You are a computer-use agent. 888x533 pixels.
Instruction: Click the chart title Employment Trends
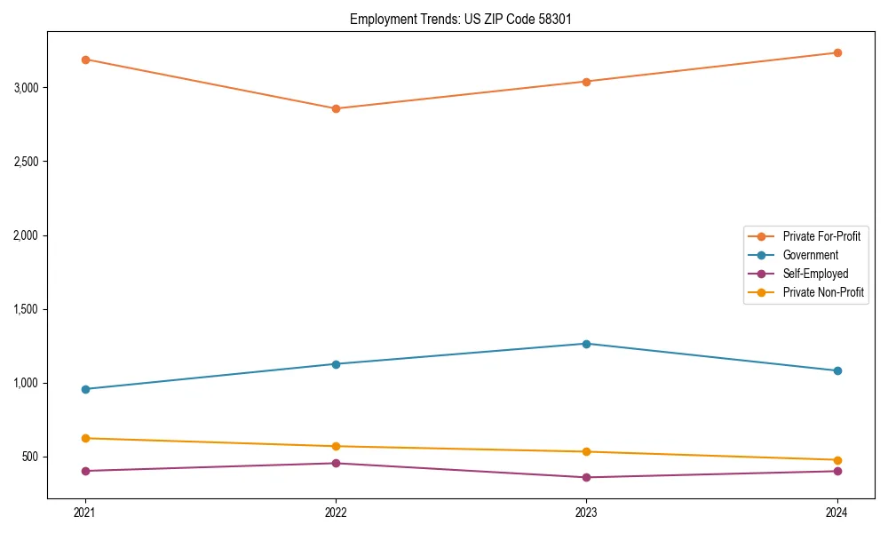(x=454, y=19)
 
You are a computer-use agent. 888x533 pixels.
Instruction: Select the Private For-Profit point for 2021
(x=85, y=60)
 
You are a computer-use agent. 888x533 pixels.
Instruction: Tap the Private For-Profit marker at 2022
(x=336, y=108)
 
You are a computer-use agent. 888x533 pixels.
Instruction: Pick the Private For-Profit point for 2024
(x=837, y=52)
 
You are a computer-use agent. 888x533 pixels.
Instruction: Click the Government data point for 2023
(x=586, y=344)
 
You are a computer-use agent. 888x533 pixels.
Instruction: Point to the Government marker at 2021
(x=85, y=389)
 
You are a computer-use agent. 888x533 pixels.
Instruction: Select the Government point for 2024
(x=837, y=370)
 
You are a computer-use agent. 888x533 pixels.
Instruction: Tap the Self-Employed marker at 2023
(x=586, y=477)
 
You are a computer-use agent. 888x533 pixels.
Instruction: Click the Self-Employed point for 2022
(x=336, y=463)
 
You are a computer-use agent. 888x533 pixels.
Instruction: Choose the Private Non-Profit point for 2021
(x=85, y=438)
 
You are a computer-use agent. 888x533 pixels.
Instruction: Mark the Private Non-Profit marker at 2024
(x=837, y=460)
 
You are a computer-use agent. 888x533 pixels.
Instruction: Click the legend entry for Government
(x=810, y=255)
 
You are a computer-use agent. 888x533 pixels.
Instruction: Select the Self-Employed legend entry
(x=815, y=274)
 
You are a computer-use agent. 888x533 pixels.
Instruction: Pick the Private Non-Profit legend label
(x=823, y=292)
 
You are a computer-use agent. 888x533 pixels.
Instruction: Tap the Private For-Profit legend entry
(x=821, y=236)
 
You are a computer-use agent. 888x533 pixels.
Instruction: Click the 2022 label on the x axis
(x=336, y=513)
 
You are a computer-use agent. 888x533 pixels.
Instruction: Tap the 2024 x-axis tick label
(x=837, y=513)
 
